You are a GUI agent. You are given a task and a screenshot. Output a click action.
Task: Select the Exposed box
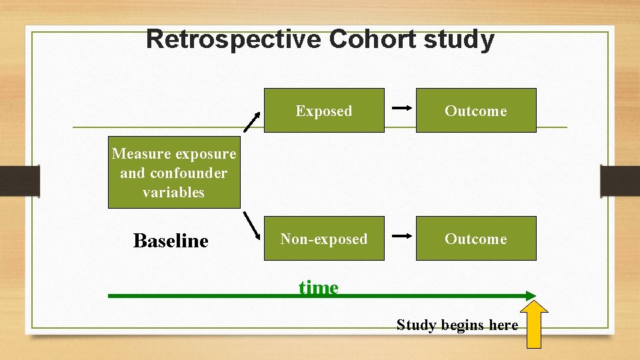coord(324,111)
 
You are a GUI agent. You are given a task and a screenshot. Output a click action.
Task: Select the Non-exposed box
coord(324,239)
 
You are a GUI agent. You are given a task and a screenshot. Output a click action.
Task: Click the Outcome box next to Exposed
coord(476,111)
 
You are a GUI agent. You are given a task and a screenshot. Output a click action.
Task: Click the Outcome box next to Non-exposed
coord(476,239)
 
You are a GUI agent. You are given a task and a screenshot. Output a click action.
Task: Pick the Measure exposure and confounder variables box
coord(174,173)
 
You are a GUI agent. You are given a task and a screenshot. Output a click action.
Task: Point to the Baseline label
coord(171,241)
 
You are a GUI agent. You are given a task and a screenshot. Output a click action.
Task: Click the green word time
coord(319,288)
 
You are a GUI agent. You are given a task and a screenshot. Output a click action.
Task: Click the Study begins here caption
coord(457,325)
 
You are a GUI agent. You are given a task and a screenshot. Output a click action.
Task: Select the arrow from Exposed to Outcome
coord(400,107)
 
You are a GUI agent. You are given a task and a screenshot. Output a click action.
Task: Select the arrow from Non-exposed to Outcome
coord(400,235)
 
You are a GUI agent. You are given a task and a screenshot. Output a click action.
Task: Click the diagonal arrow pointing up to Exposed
coord(251,121)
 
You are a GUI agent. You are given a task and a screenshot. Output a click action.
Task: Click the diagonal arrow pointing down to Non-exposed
coord(251,225)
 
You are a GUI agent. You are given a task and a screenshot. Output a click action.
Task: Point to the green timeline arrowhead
coord(530,295)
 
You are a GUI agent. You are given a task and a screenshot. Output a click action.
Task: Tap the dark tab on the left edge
coord(20,180)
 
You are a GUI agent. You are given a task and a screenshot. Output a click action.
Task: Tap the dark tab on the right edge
coord(620,180)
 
